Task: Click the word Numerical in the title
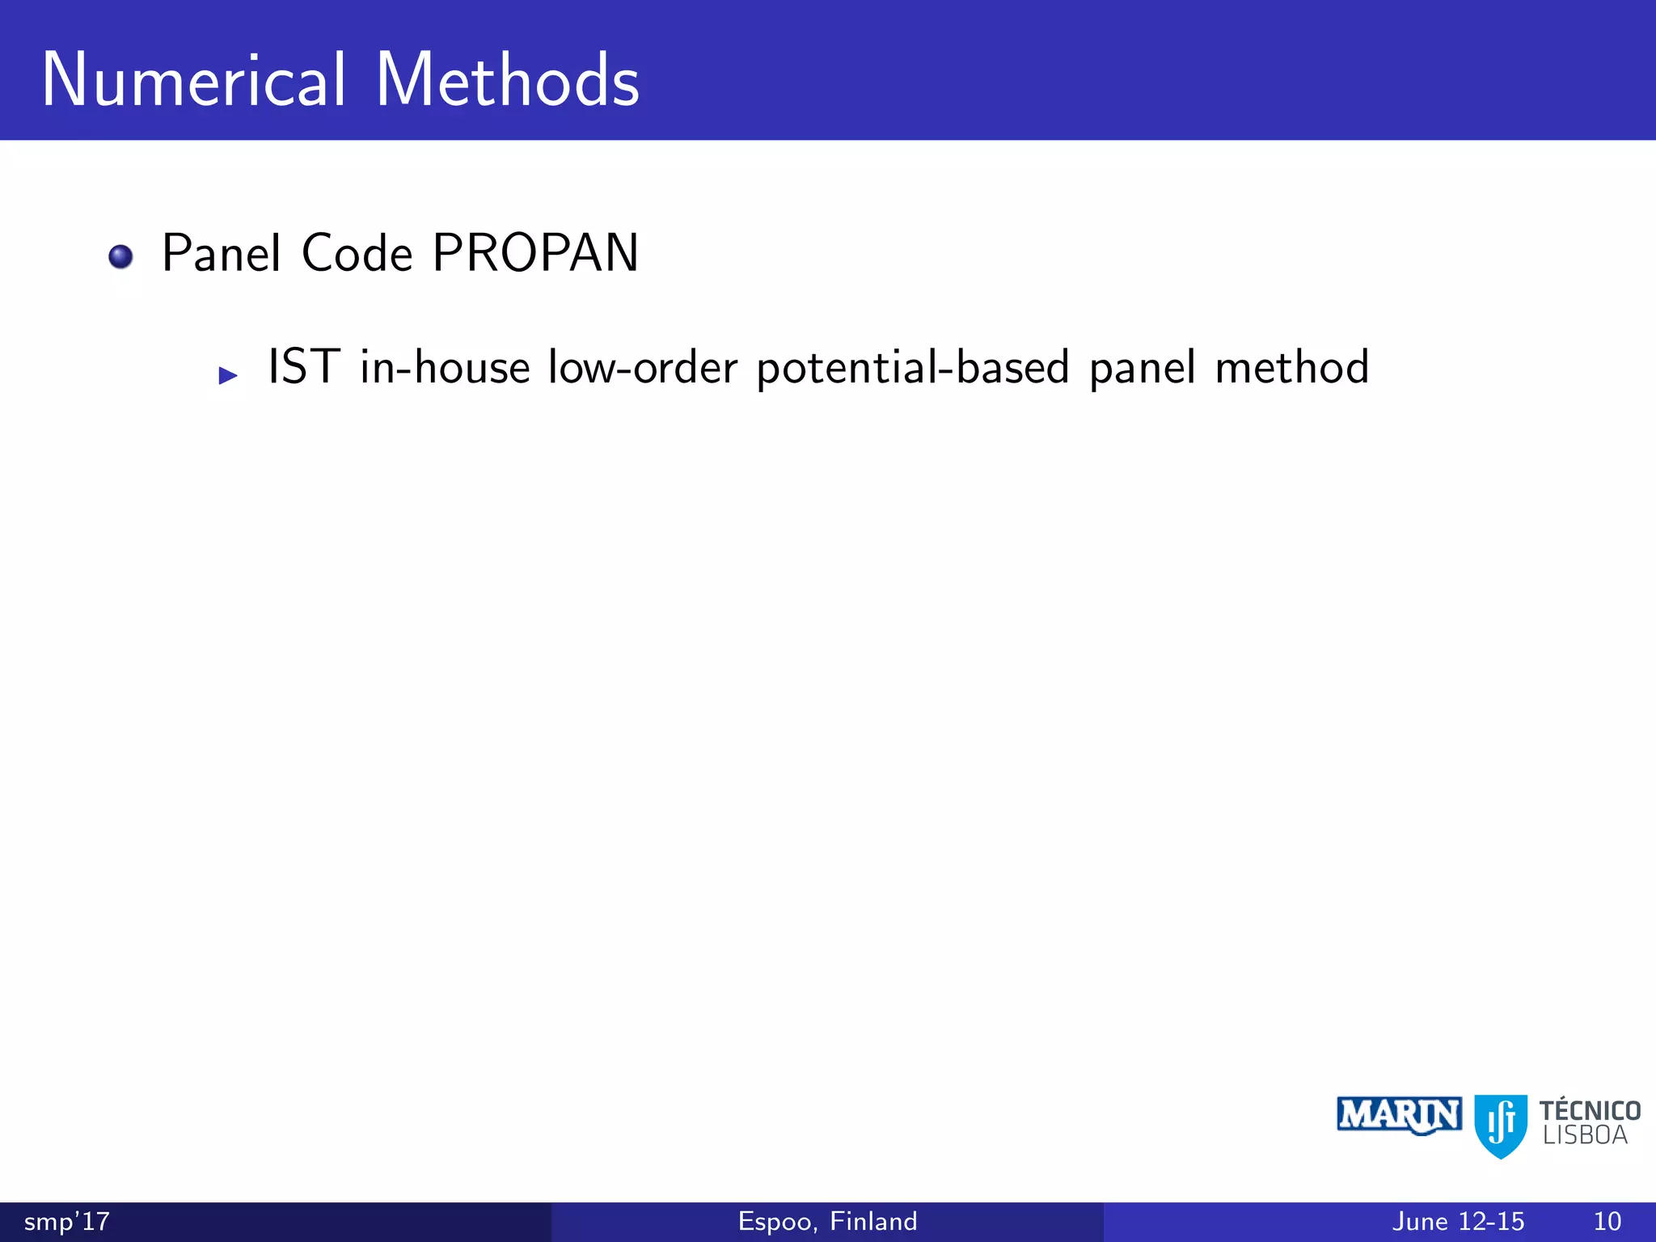(x=194, y=80)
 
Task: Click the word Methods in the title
(x=507, y=80)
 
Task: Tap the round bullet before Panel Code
(x=120, y=256)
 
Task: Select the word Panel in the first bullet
(x=221, y=253)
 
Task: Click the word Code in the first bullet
(x=357, y=253)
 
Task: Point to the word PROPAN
(x=535, y=253)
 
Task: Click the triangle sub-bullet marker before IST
(x=228, y=375)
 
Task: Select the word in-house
(x=445, y=367)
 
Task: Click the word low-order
(x=643, y=367)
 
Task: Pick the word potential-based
(x=913, y=369)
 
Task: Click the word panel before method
(x=1143, y=369)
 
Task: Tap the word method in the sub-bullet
(x=1292, y=367)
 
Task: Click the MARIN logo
(x=1399, y=1116)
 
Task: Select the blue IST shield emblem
(x=1501, y=1126)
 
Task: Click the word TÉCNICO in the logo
(x=1590, y=1110)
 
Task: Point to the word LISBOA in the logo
(x=1585, y=1136)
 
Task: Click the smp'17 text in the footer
(x=66, y=1221)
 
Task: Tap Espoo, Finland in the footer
(x=827, y=1221)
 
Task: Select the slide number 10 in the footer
(x=1607, y=1221)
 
